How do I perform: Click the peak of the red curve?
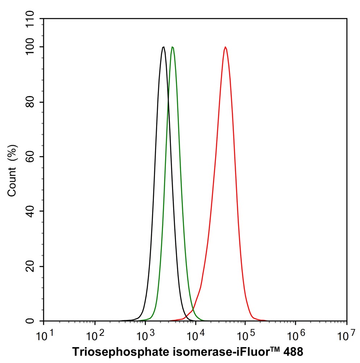(x=225, y=47)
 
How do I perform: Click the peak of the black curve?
(x=164, y=47)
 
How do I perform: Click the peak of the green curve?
(x=173, y=47)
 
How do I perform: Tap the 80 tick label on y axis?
(x=34, y=102)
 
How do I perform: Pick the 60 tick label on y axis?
(x=34, y=157)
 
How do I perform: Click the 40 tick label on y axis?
(x=34, y=212)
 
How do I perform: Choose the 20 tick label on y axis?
(x=34, y=266)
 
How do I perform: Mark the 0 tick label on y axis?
(x=37, y=321)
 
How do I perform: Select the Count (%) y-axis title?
(x=12, y=170)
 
